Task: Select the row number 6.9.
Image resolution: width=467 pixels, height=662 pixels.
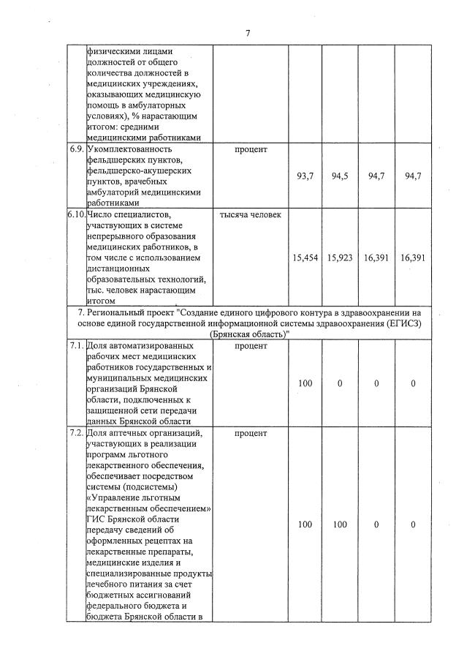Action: pos(75,150)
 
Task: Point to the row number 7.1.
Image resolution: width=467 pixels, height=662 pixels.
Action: pos(75,345)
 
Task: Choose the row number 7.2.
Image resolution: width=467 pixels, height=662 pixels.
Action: pos(75,434)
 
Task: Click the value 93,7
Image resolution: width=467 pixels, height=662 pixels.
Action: pos(305,176)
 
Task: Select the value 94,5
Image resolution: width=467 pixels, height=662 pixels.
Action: pos(341,176)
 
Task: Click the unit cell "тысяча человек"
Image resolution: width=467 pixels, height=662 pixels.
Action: pos(250,215)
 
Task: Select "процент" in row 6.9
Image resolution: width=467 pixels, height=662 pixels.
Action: pos(250,150)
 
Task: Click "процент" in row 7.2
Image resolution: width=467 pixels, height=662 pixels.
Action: pos(250,434)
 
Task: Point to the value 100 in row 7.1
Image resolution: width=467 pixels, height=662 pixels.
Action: pos(305,383)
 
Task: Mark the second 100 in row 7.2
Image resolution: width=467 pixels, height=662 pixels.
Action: pos(341,524)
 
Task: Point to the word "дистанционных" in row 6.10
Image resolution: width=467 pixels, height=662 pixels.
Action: pos(118,268)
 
